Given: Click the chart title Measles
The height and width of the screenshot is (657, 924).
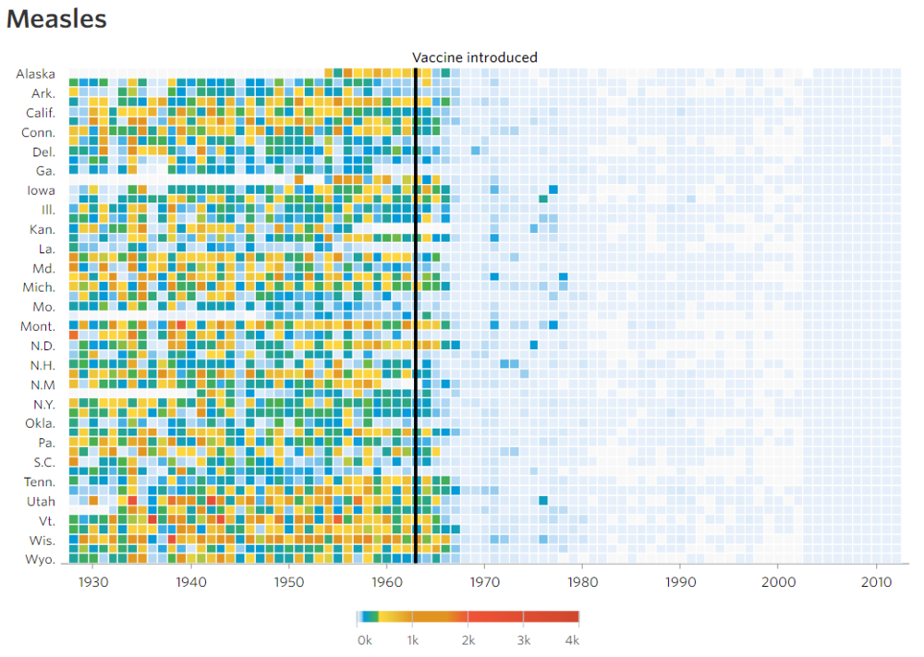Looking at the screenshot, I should point(56,19).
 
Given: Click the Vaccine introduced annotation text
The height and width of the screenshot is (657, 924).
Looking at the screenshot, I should point(474,57).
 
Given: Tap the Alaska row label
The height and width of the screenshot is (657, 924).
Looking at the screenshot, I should point(35,74).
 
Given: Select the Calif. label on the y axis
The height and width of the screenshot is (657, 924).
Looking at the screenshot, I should point(40,113).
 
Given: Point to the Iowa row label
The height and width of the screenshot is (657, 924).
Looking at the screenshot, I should point(41,190).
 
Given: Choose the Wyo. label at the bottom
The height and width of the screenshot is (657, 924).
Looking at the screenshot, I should point(39,559).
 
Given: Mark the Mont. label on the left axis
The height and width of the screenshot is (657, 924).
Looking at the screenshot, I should point(38,326).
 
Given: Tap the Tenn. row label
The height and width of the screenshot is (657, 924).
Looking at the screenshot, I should point(39,481).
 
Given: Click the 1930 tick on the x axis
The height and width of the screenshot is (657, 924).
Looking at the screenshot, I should point(94,582).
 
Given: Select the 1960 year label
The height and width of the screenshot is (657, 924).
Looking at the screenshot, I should point(387,582).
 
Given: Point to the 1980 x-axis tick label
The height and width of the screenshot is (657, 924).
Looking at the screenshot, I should point(582,582).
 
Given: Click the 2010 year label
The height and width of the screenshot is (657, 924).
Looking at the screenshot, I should point(875,582).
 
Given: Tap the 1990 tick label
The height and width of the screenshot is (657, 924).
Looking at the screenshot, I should point(680,582).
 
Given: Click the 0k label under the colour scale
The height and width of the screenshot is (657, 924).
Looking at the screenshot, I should point(364,640).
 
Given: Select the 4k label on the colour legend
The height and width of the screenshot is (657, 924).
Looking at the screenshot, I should point(572,640).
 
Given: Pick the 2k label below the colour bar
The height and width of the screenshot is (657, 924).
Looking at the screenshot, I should point(468,640).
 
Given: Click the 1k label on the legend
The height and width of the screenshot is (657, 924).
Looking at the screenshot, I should point(413,640).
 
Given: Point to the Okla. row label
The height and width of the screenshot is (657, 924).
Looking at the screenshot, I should point(39,423).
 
